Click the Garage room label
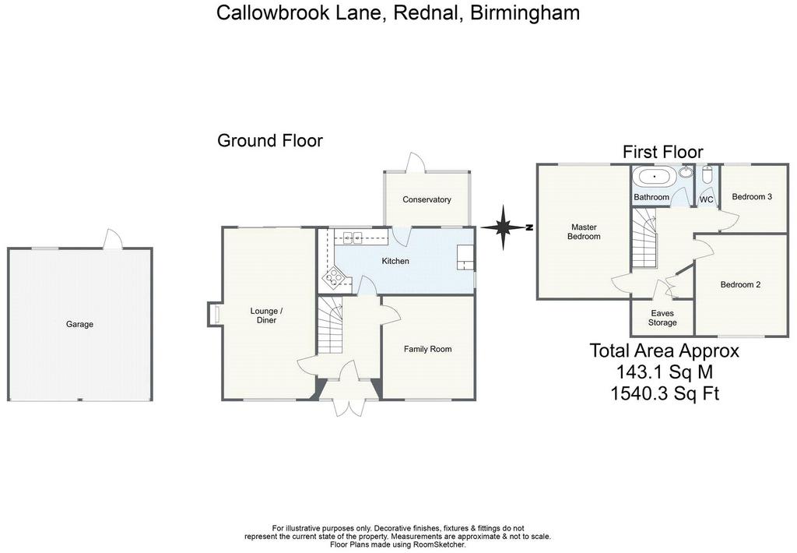[80, 324]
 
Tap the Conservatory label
[427, 199]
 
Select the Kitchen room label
[395, 261]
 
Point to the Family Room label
[427, 349]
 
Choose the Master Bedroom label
[584, 232]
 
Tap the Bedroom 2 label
[741, 284]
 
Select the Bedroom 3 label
[752, 196]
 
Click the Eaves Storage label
[662, 318]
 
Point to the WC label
[707, 199]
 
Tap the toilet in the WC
[707, 175]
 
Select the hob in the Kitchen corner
[333, 276]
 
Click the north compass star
[504, 227]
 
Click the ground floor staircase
[330, 325]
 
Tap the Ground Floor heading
[270, 140]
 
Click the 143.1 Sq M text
[665, 372]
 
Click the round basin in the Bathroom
[686, 172]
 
